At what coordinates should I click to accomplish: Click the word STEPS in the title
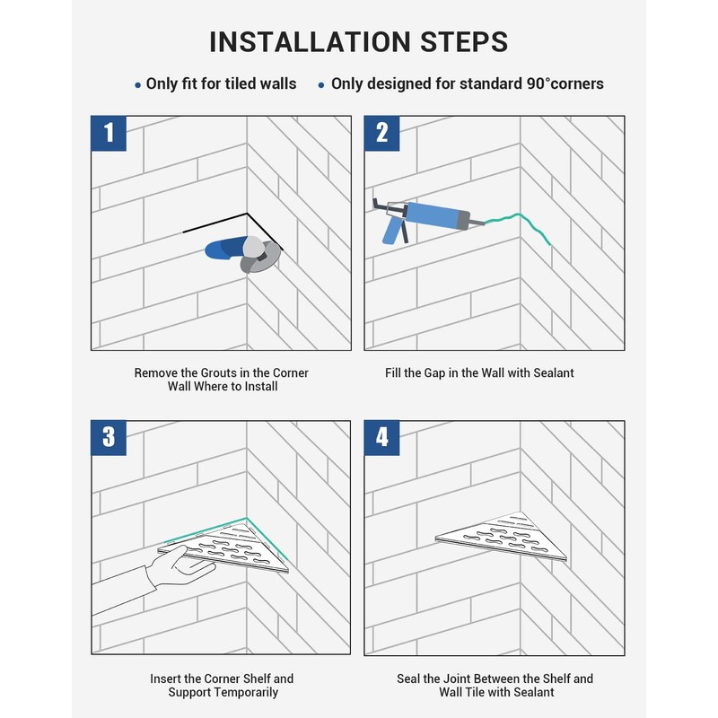[464, 42]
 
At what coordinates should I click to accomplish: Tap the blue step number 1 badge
[109, 133]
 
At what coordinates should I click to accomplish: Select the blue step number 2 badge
[382, 133]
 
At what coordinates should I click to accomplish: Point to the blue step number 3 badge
[109, 438]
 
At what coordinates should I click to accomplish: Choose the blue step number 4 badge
[382, 438]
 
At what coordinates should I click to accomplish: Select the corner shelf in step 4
[502, 536]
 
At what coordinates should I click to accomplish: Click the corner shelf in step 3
[224, 547]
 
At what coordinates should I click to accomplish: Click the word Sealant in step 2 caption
[553, 372]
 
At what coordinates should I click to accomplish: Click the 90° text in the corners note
[538, 83]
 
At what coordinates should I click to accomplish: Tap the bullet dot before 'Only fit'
[138, 85]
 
